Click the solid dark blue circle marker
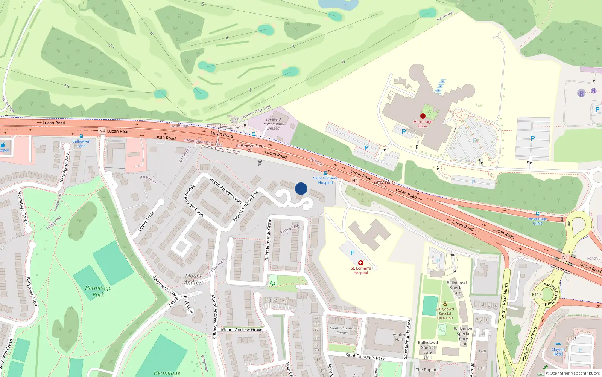tap(301, 188)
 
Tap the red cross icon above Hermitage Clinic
tap(423, 116)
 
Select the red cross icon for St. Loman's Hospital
tap(361, 263)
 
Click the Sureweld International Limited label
tap(273, 124)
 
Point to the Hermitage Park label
tap(98, 291)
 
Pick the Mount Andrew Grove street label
tap(242, 329)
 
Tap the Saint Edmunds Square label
tap(342, 330)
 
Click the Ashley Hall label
tap(399, 337)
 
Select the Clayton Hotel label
tap(558, 352)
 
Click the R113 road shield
tap(537, 294)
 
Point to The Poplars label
tap(427, 370)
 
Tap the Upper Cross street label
tap(146, 221)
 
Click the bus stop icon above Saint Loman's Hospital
tap(325, 173)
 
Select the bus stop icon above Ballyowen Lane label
tap(81, 136)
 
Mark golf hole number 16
tap(67, 86)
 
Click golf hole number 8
tap(343, 61)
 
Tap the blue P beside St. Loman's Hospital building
tap(352, 253)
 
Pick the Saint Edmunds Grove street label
tap(268, 239)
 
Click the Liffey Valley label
tap(385, 182)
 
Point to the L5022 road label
tap(173, 302)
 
